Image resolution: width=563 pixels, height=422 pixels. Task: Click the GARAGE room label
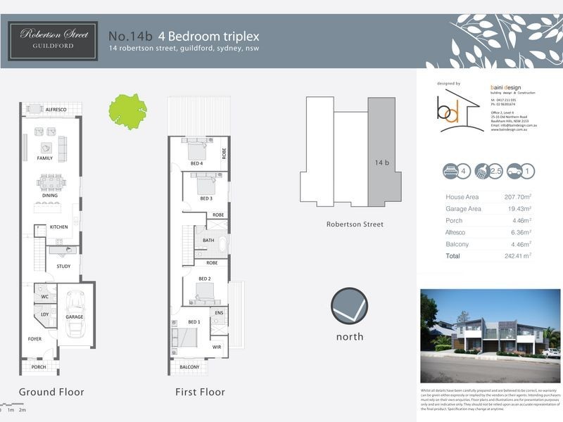click(x=74, y=317)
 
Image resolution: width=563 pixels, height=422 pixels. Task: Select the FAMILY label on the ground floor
click(x=46, y=158)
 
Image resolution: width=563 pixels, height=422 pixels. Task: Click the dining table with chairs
click(x=51, y=184)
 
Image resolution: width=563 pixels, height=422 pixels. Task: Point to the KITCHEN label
click(x=58, y=227)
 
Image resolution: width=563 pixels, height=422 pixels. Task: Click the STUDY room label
click(x=63, y=267)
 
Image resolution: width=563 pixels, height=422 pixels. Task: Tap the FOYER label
click(x=35, y=338)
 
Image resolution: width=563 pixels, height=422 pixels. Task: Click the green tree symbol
click(x=127, y=110)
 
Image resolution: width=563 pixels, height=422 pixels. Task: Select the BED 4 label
click(x=196, y=164)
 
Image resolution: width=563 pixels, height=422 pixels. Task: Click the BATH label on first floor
click(x=208, y=240)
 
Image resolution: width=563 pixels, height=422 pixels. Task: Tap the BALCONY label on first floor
click(x=189, y=367)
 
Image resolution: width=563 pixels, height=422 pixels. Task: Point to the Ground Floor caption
click(x=51, y=392)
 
